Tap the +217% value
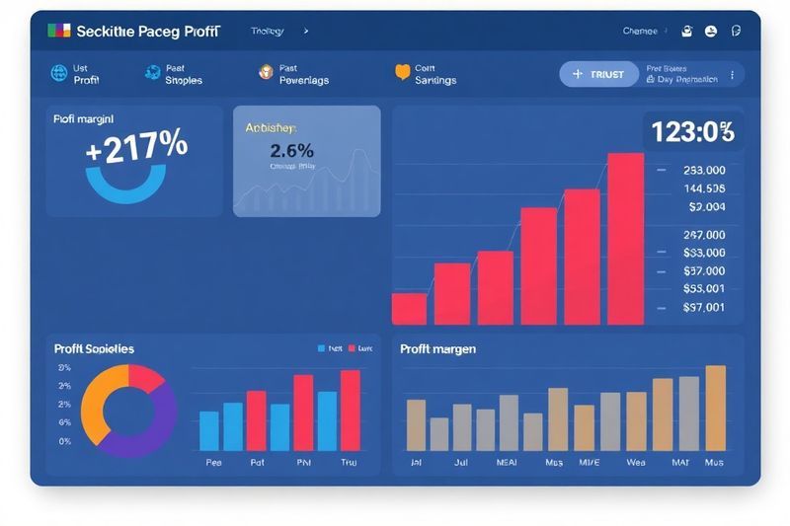tap(136, 146)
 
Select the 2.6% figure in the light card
tap(291, 151)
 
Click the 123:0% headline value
tap(693, 131)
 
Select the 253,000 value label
tap(704, 170)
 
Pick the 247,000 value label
tap(704, 235)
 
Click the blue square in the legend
tap(321, 348)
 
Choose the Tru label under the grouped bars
tap(349, 462)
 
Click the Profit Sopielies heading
tap(95, 349)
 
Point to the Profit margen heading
tap(438, 349)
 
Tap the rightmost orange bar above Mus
tap(715, 408)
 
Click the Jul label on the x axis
tap(461, 462)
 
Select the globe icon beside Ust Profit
tap(58, 73)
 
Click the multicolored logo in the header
tap(59, 31)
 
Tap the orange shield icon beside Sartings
tap(402, 72)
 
